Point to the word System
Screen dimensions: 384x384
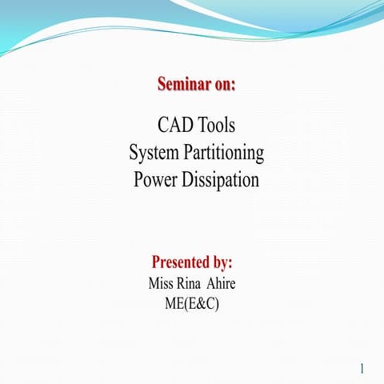point(156,152)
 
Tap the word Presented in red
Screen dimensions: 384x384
point(181,262)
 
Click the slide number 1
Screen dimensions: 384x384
point(362,369)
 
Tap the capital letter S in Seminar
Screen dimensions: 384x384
point(162,84)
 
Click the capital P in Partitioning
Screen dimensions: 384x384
point(190,152)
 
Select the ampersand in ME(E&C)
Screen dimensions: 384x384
point(199,303)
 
